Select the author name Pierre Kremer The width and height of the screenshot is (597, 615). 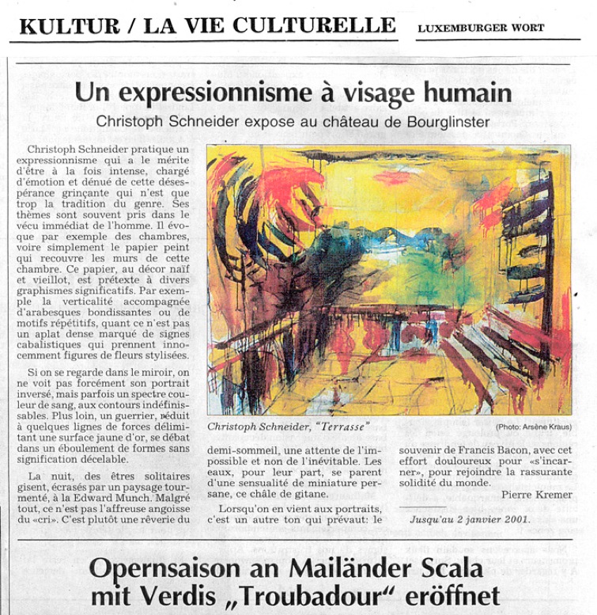[536, 494]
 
